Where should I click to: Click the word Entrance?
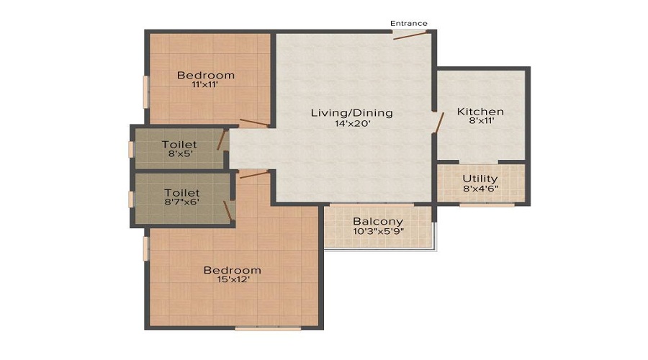pyautogui.click(x=409, y=24)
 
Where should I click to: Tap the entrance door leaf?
pyautogui.click(x=410, y=35)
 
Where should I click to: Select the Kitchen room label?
pyautogui.click(x=481, y=112)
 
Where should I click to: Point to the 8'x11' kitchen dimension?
pyautogui.click(x=482, y=121)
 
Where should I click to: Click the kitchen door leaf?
pyautogui.click(x=439, y=122)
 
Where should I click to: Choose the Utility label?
pyautogui.click(x=480, y=179)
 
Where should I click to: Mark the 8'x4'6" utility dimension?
pyautogui.click(x=480, y=189)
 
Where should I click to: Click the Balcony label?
pyautogui.click(x=378, y=222)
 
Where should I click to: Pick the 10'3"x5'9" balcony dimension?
pyautogui.click(x=378, y=231)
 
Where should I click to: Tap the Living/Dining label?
pyautogui.click(x=351, y=113)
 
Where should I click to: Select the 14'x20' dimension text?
pyautogui.click(x=352, y=123)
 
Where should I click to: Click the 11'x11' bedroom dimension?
pyautogui.click(x=205, y=85)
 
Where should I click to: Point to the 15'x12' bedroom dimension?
pyautogui.click(x=233, y=279)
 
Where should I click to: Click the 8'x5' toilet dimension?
pyautogui.click(x=180, y=154)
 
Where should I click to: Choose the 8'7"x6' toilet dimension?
pyautogui.click(x=182, y=202)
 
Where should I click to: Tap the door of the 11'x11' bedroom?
pyautogui.click(x=255, y=122)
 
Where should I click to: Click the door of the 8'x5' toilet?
pyautogui.click(x=222, y=140)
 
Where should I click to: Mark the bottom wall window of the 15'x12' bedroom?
pyautogui.click(x=268, y=328)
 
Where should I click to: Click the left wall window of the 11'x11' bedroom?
pyautogui.click(x=146, y=91)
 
